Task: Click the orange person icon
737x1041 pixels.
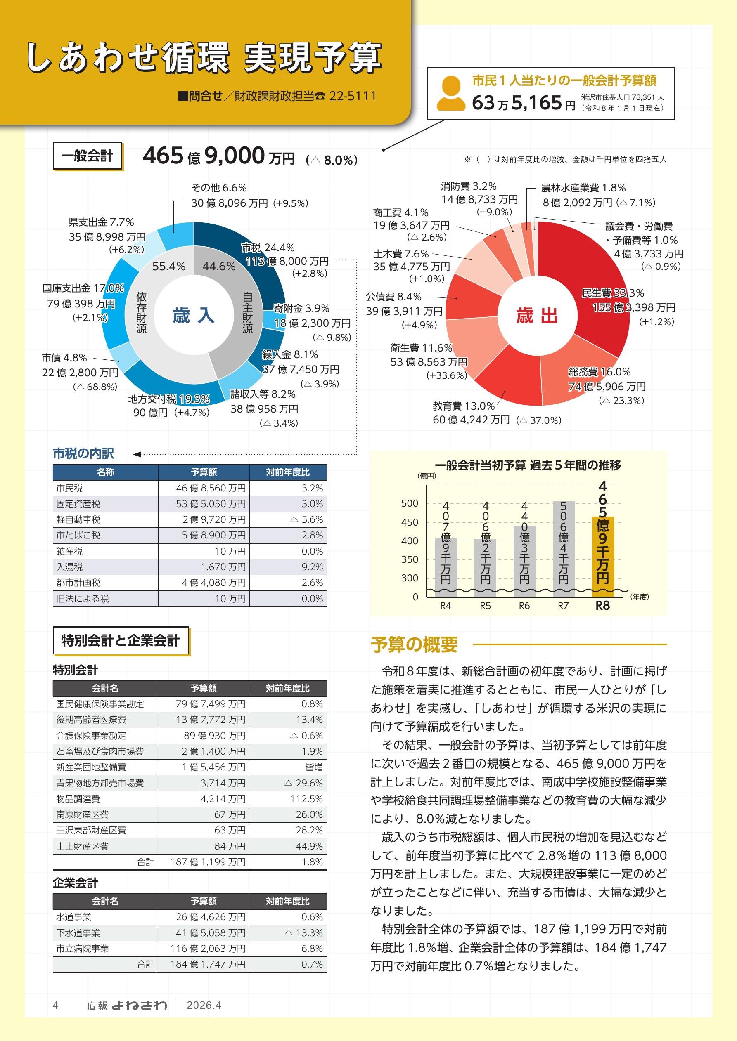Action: click(450, 94)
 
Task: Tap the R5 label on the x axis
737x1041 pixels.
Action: click(485, 606)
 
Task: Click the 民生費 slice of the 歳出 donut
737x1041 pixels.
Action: click(595, 281)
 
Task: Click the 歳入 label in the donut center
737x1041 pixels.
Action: click(193, 315)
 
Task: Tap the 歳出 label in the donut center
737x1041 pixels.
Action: click(536, 315)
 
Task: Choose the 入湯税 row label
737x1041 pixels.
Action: click(69, 567)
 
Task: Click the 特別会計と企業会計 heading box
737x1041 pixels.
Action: click(120, 640)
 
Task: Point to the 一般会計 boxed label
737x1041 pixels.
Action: click(87, 156)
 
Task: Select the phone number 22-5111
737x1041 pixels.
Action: click(352, 96)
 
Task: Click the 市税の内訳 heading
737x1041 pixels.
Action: click(83, 453)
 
